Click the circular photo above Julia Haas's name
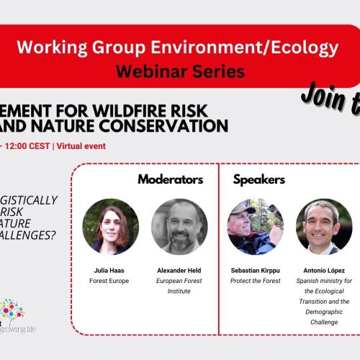[110, 226]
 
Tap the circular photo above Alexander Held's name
[179, 226]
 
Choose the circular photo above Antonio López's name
[324, 226]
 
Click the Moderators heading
[170, 179]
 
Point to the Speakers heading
[259, 179]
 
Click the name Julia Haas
[110, 271]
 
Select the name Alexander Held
[179, 271]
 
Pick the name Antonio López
[324, 271]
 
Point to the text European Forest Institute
[179, 286]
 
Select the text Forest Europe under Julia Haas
[110, 282]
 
